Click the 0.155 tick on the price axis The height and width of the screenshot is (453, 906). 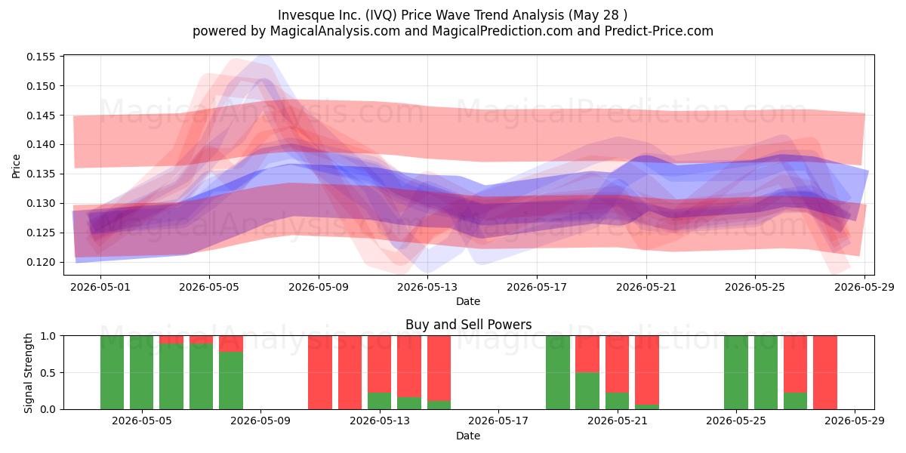[41, 57]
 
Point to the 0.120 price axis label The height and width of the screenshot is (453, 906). [41, 262]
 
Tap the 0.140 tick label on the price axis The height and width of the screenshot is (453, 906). [41, 144]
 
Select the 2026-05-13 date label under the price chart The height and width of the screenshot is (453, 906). [427, 287]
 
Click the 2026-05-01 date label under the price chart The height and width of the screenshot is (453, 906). [100, 287]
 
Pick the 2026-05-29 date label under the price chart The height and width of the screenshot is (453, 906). [864, 287]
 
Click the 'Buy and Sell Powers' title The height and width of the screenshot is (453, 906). [468, 325]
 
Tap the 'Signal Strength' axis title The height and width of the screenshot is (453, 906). [28, 373]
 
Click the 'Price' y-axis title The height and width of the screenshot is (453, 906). [16, 166]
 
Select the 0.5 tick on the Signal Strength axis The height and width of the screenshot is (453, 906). [48, 372]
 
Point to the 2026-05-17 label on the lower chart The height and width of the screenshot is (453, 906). [498, 421]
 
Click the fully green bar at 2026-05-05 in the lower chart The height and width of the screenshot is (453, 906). [142, 372]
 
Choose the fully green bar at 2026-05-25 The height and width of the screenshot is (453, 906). [735, 372]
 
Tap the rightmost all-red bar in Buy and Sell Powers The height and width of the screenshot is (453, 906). [825, 372]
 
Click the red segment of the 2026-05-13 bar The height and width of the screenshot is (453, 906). [379, 364]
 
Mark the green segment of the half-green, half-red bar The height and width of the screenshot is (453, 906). [587, 391]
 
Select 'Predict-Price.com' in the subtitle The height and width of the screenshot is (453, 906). [659, 31]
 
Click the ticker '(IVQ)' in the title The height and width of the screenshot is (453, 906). [381, 15]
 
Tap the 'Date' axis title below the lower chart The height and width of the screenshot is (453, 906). [468, 436]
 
